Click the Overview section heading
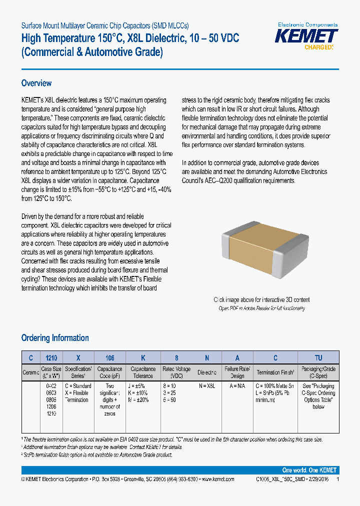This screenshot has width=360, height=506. (x=36, y=83)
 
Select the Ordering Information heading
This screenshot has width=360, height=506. (x=55, y=338)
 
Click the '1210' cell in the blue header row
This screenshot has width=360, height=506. (x=51, y=357)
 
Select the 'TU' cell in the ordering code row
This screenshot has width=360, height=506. (x=318, y=357)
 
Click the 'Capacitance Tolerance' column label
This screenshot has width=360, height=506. (x=143, y=372)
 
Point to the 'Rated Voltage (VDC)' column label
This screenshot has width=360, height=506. (x=176, y=372)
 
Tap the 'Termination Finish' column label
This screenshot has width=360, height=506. (x=275, y=372)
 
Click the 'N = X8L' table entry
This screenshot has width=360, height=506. (x=207, y=386)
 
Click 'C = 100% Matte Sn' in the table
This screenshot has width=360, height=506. (x=275, y=386)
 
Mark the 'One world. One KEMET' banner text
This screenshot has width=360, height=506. (x=309, y=470)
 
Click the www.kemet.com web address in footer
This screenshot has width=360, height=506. (x=216, y=479)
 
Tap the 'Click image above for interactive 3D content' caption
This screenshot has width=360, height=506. (x=261, y=300)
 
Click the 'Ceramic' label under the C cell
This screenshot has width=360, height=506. (x=31, y=372)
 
